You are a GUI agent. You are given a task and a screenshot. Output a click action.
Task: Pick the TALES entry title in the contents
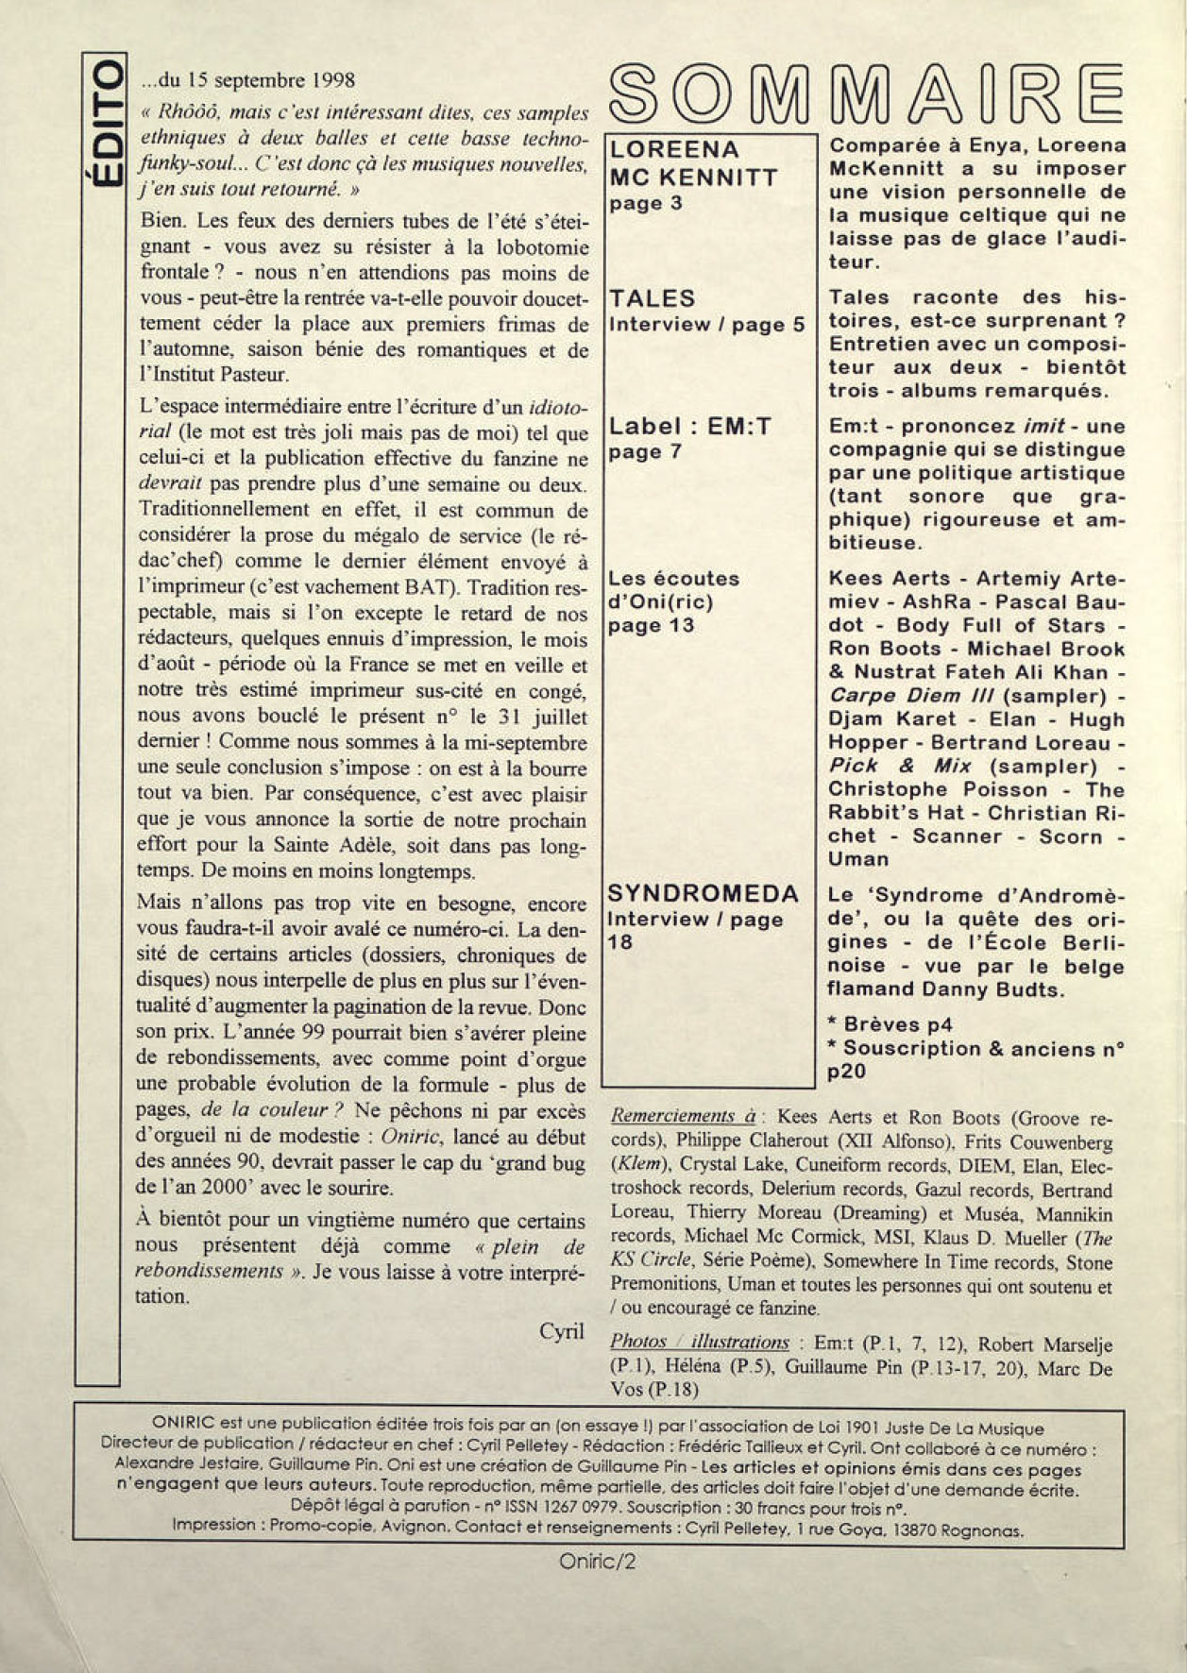653,298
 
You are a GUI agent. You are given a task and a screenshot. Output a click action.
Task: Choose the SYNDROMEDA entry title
703,893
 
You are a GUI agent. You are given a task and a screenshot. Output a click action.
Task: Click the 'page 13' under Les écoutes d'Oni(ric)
651,625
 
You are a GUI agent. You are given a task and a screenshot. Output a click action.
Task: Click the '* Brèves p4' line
889,1024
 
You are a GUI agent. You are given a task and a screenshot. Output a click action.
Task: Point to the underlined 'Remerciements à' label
682,1116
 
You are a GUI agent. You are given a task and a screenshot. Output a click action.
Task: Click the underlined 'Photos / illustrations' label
699,1342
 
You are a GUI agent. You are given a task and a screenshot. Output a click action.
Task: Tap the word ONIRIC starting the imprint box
183,1428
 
